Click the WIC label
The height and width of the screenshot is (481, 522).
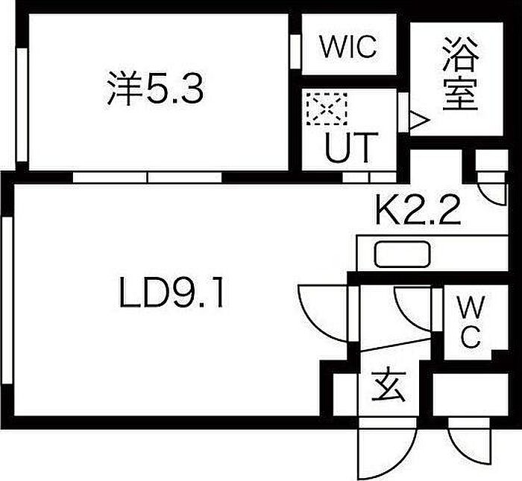348,46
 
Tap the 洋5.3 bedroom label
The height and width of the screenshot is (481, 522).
155,89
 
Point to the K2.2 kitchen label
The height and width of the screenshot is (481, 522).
418,209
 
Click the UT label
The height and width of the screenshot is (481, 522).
351,147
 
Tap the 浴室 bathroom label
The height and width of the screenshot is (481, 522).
461,74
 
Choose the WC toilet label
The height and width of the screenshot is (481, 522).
470,322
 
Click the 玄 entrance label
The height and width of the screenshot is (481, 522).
389,386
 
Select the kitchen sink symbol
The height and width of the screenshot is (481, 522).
402,255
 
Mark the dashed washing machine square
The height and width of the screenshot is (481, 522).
327,109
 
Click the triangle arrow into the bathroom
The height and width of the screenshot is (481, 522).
418,120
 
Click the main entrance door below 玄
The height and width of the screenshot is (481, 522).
388,449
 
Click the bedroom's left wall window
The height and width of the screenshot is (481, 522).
22,105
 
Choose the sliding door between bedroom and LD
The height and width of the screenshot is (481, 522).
147,177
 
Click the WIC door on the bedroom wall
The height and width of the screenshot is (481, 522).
295,51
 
